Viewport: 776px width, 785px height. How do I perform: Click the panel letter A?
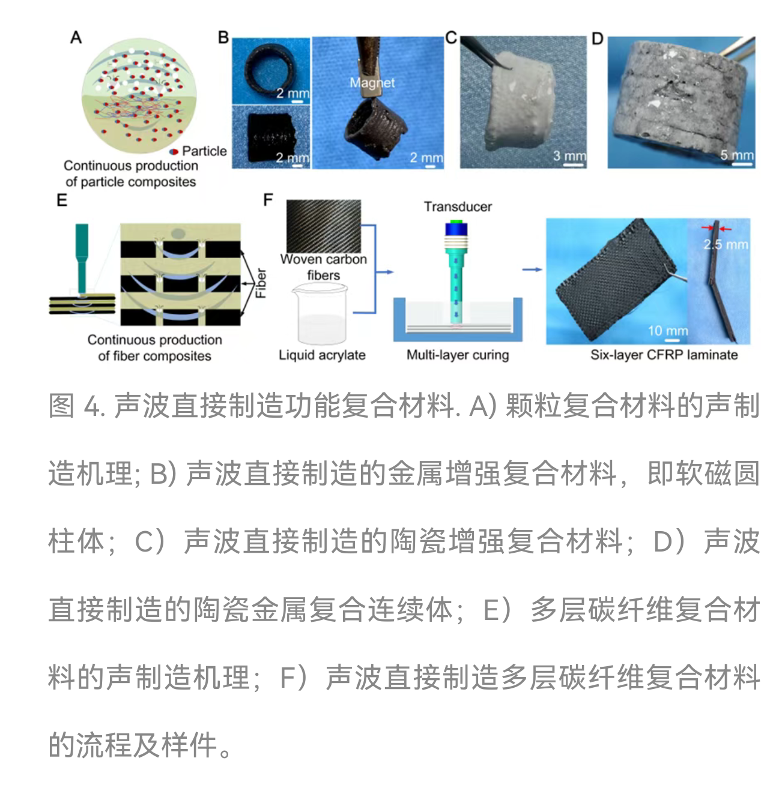point(76,37)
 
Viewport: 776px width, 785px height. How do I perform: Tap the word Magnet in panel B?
point(372,83)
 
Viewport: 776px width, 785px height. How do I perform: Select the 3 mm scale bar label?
point(569,155)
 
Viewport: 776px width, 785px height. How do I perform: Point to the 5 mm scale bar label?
point(737,155)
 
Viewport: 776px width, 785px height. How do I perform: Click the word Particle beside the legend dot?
point(204,151)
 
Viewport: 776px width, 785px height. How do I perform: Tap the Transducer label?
point(458,206)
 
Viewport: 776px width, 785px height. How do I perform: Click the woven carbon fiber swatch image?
point(324,226)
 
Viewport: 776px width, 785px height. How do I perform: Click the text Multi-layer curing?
point(458,355)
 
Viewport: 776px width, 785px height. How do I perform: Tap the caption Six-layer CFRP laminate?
point(664,355)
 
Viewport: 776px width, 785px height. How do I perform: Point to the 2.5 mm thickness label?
point(726,244)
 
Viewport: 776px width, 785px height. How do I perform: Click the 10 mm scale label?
point(668,330)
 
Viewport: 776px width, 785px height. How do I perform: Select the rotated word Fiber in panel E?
point(261,283)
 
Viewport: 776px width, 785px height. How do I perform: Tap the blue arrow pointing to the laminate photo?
point(532,269)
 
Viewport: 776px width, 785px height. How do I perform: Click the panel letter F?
point(267,200)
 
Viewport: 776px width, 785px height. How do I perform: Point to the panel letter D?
point(598,38)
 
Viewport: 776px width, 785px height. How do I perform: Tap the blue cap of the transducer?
point(456,229)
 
